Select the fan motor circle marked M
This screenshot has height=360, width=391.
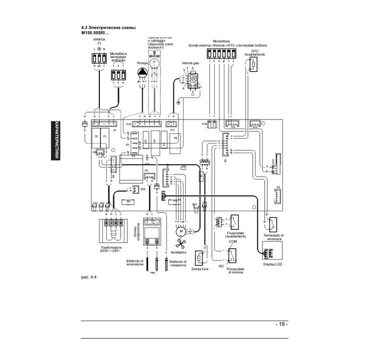coord(182,231)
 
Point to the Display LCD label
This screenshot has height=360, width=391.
coord(273,264)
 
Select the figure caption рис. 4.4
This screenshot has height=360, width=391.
coord(89,277)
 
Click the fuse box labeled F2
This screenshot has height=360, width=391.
coord(97,137)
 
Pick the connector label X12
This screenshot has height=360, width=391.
coord(129,124)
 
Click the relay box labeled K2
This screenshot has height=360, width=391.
coord(175,138)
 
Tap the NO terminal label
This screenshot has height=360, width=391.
coord(221,266)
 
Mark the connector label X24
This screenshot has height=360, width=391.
coord(143,189)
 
